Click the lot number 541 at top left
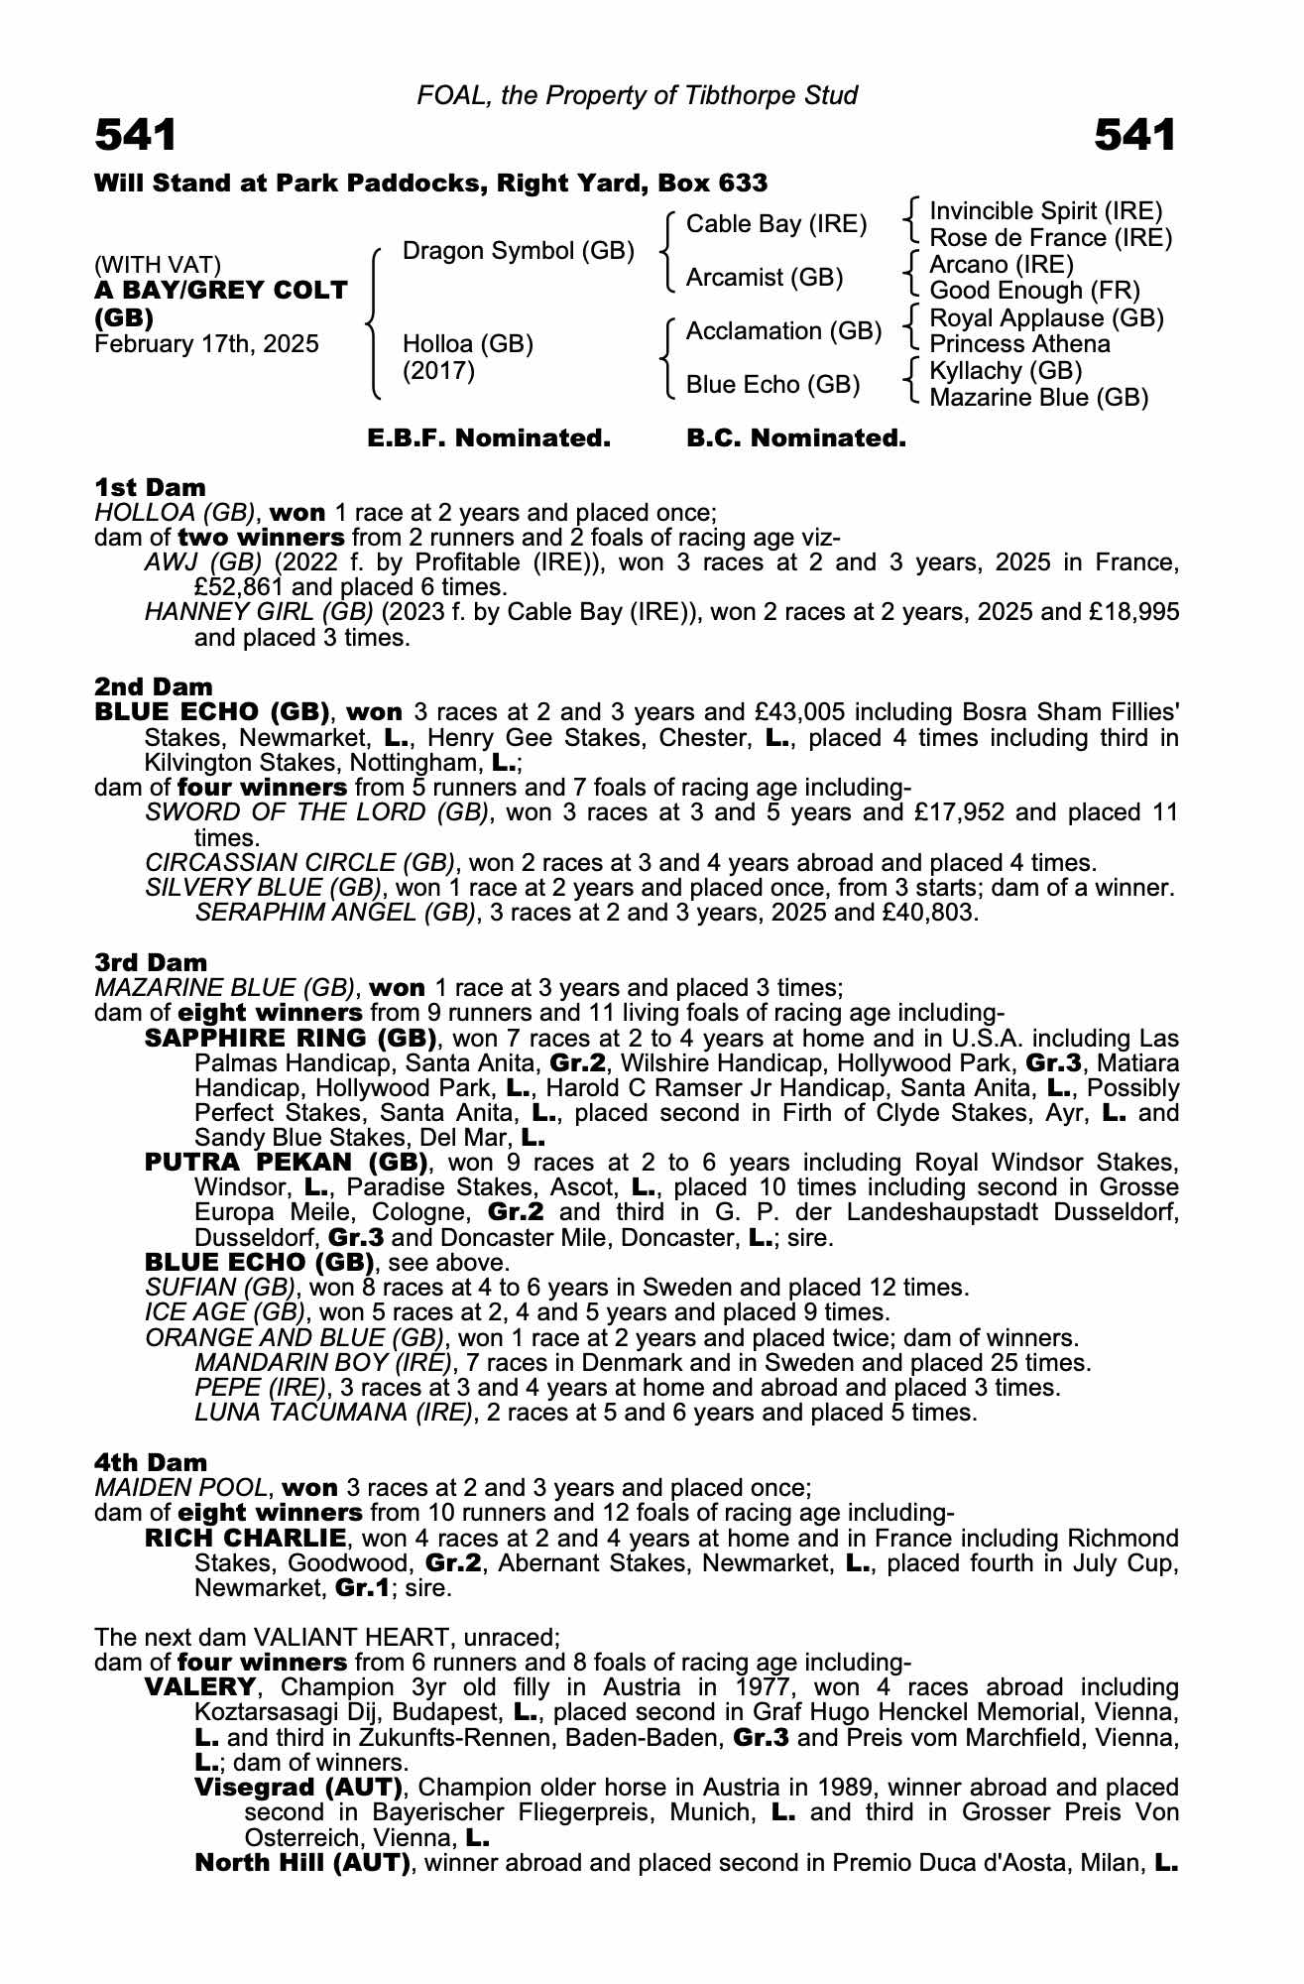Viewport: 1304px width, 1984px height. coord(136,136)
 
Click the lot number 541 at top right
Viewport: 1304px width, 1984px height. coord(1134,136)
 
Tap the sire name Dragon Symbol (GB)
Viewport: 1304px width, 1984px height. coord(518,251)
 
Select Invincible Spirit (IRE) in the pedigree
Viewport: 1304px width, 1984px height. coord(1045,211)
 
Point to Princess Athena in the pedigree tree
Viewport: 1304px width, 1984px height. coord(1019,344)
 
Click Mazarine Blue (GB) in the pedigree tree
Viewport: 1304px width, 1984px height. coord(1038,398)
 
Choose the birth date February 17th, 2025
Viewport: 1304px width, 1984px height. coord(206,344)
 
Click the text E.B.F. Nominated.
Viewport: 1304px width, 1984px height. coord(489,438)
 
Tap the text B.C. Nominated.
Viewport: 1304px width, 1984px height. coord(796,438)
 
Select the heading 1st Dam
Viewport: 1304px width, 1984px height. coord(150,487)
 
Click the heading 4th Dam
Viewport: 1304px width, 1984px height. coord(151,1462)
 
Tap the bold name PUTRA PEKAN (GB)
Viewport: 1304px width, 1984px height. coord(286,1162)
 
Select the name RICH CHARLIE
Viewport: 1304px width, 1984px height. coord(245,1539)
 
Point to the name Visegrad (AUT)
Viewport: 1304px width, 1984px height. coord(297,1788)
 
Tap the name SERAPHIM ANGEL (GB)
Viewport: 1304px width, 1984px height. coord(335,912)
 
